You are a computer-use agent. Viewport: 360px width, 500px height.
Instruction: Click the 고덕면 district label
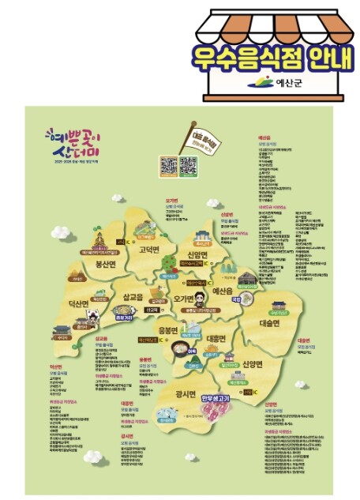[150, 250]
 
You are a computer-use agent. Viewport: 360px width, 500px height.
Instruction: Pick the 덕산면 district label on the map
[81, 303]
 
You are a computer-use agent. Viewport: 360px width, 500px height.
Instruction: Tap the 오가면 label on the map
[184, 299]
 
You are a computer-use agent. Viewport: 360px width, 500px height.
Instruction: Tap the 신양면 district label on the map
[255, 363]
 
